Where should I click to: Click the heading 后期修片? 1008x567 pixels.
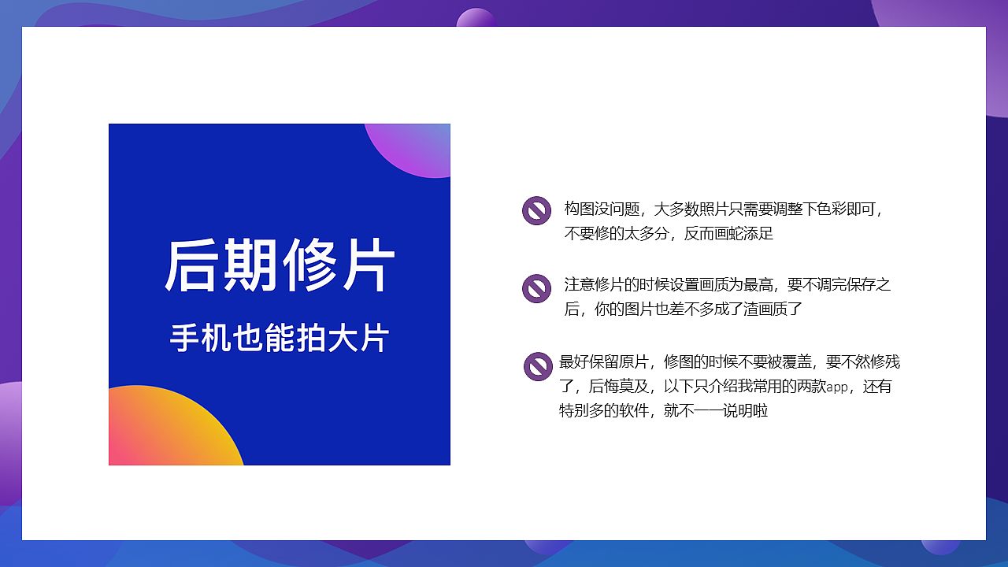pyautogui.click(x=280, y=266)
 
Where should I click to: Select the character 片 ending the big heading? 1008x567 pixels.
pyautogui.click(x=367, y=266)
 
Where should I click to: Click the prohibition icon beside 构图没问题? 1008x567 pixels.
pyautogui.click(x=536, y=211)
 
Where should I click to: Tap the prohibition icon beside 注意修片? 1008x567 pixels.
pyautogui.click(x=536, y=288)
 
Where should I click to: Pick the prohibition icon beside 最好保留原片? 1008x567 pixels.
pyautogui.click(x=538, y=366)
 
